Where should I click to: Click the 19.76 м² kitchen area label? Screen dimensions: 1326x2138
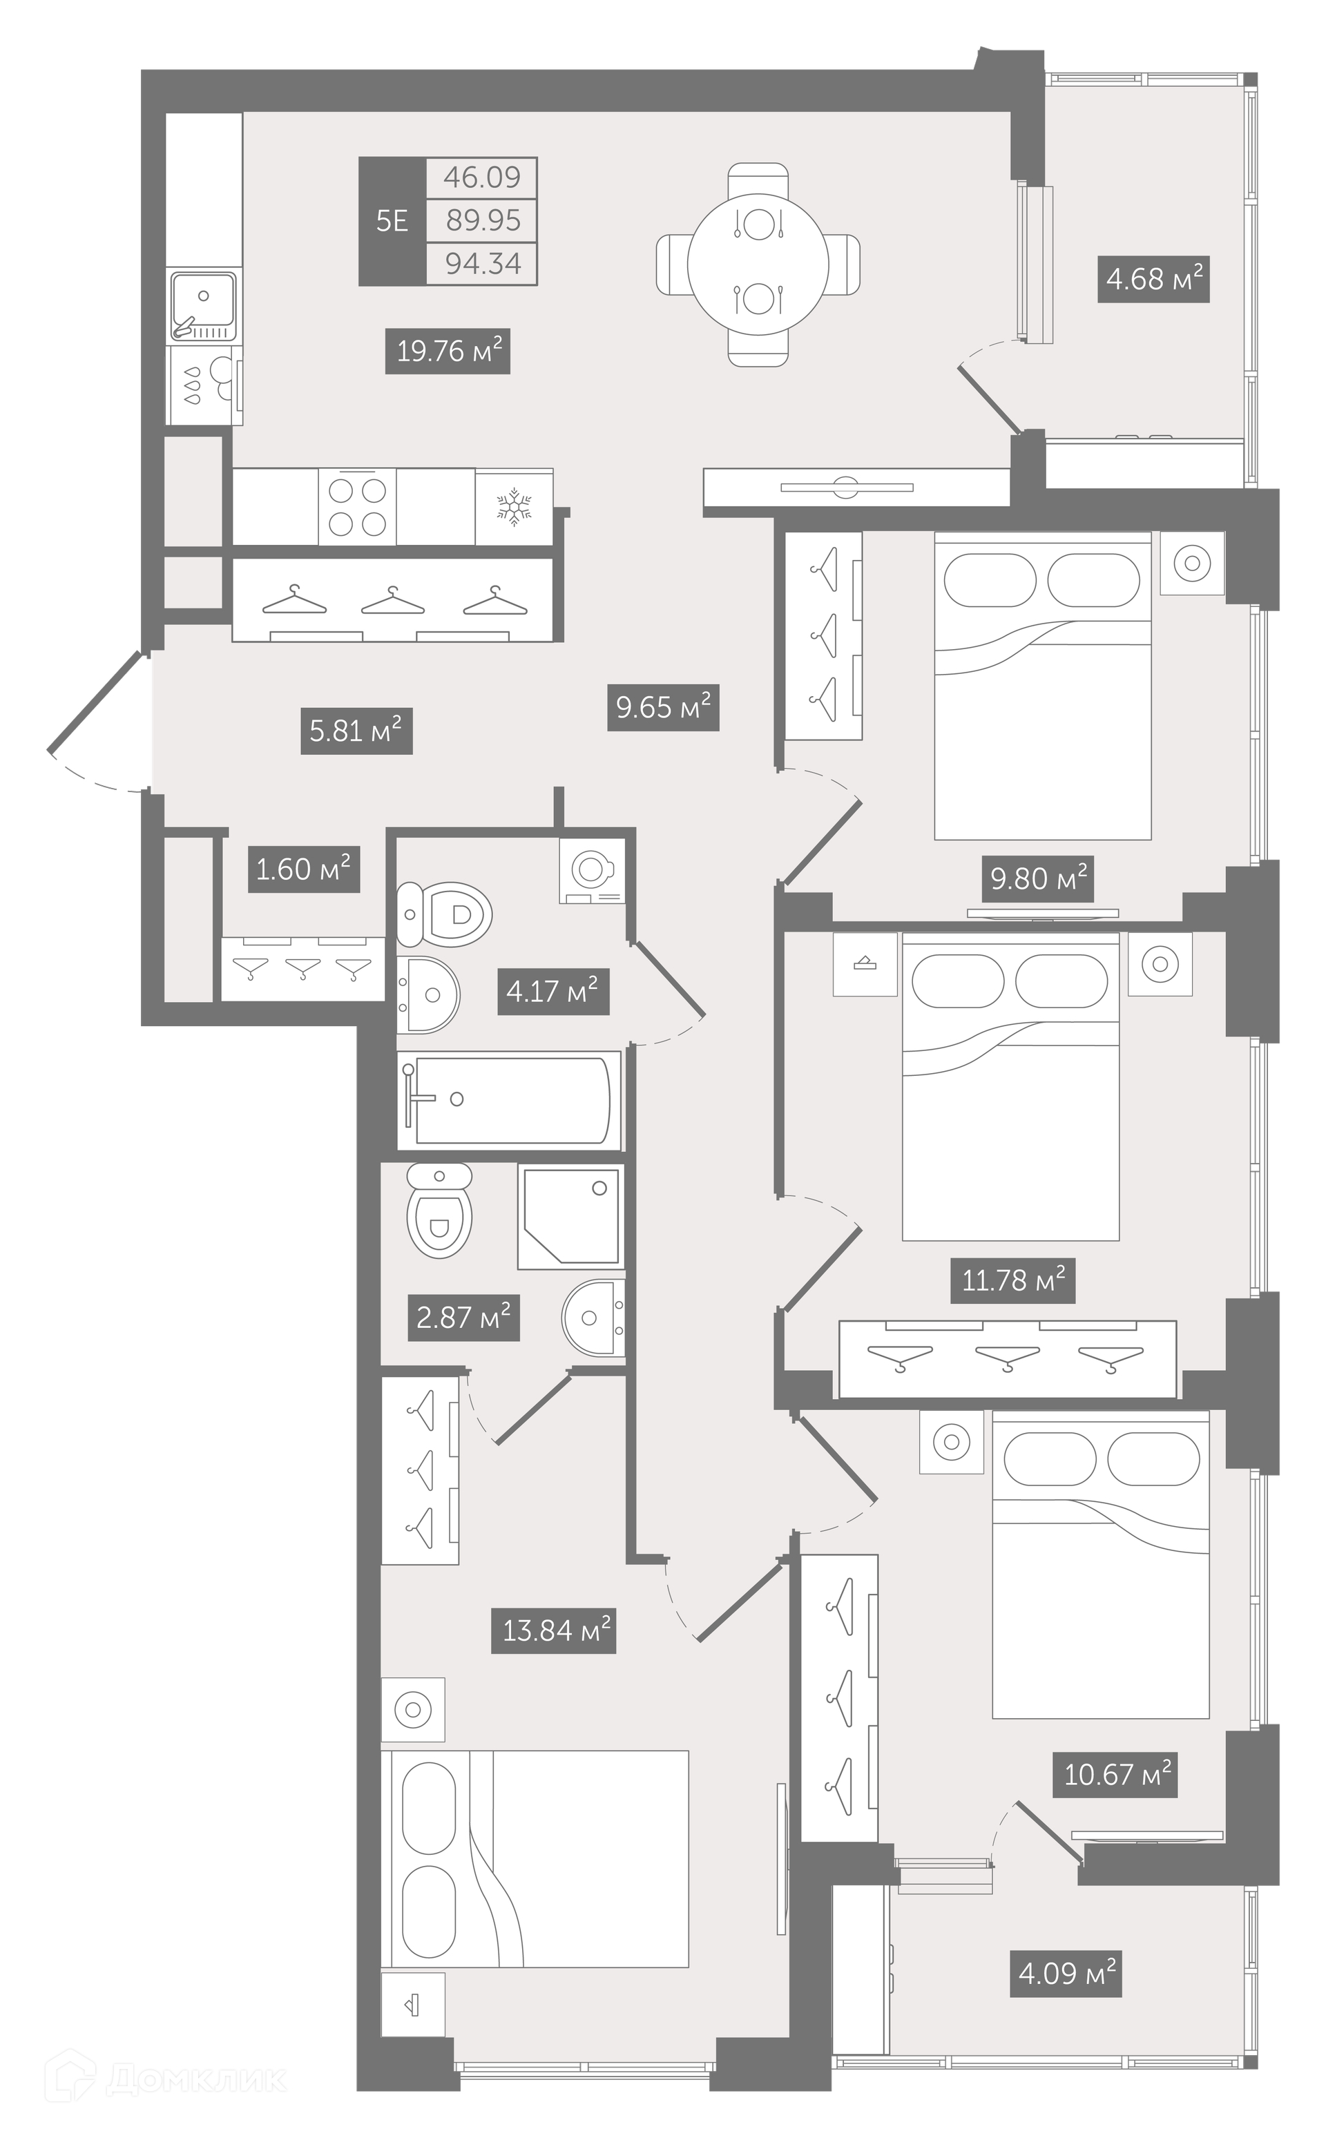pyautogui.click(x=448, y=351)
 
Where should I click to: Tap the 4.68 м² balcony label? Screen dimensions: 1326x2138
pyautogui.click(x=1153, y=279)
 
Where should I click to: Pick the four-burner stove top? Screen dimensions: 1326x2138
pyautogui.click(x=357, y=506)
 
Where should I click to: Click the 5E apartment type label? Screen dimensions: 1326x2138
pyautogui.click(x=392, y=220)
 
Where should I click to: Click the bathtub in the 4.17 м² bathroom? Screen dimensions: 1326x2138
pyautogui.click(x=510, y=1101)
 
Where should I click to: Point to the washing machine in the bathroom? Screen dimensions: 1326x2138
pyautogui.click(x=593, y=871)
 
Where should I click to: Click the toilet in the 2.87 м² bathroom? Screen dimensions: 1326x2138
pyautogui.click(x=439, y=1211)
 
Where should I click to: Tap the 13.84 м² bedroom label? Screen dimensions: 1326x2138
pyautogui.click(x=553, y=1630)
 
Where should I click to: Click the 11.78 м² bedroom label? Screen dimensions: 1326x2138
pyautogui.click(x=1013, y=1280)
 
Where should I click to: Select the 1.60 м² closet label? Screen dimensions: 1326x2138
pyautogui.click(x=303, y=869)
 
